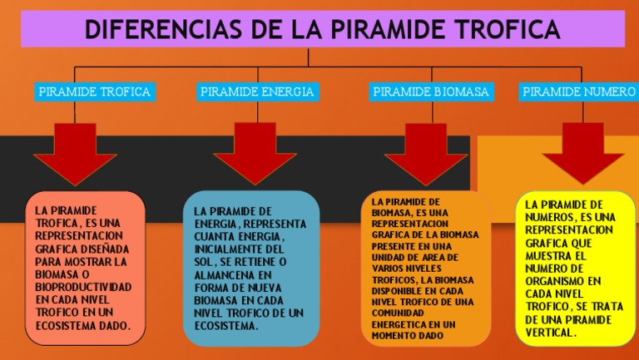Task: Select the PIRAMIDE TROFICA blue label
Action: pos(95,91)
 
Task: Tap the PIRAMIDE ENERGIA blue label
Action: pos(257,91)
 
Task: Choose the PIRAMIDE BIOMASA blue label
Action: pos(430,91)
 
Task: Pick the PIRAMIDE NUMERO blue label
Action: pos(579,91)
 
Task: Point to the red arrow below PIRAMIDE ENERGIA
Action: pos(255,150)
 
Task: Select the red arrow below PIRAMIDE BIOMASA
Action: pos(425,150)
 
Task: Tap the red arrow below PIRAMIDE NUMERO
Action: pos(582,150)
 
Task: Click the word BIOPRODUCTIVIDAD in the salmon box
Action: pos(83,287)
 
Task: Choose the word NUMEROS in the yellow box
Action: pos(552,217)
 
